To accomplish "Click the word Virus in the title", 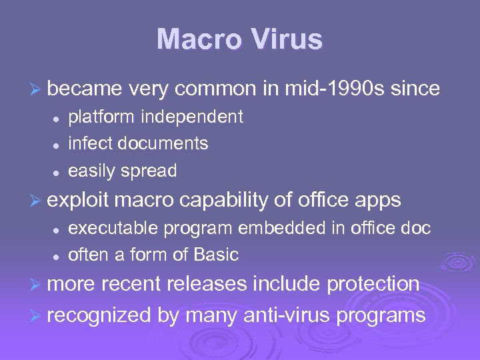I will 283,39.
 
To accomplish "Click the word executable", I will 113,228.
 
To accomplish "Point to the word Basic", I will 217,255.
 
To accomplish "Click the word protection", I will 373,284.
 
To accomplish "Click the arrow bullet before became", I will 37,89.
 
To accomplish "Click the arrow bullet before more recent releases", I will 37,285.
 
